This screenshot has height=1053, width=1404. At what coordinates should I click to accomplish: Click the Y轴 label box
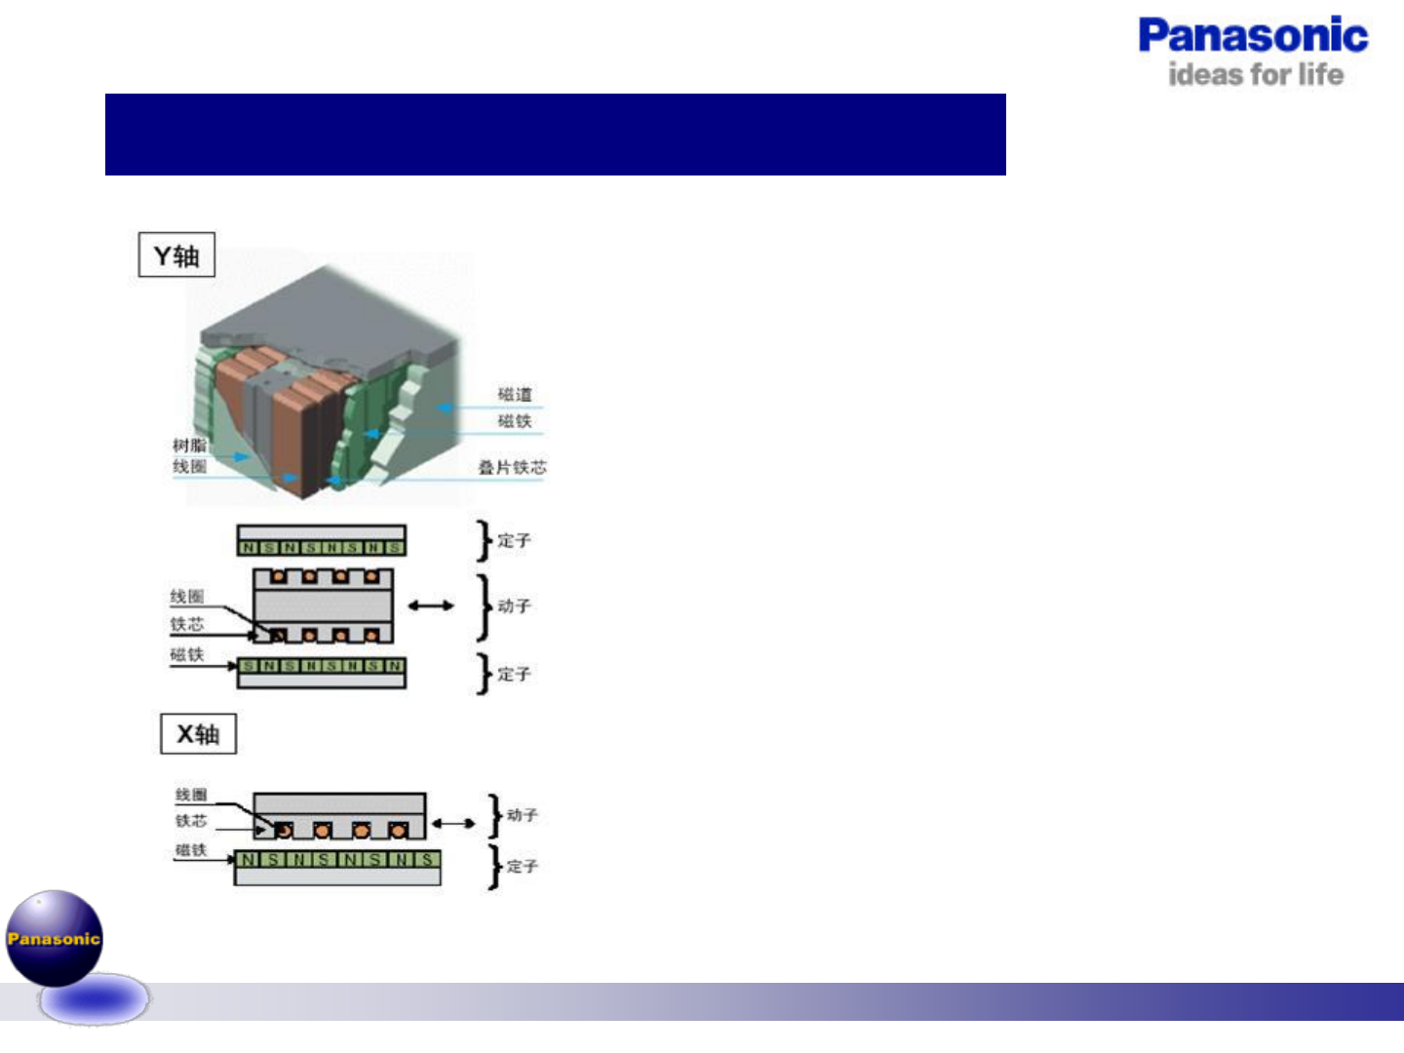tap(176, 255)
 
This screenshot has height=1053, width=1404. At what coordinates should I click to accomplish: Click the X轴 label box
tap(198, 734)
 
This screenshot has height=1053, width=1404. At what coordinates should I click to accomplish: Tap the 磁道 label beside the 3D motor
tap(515, 395)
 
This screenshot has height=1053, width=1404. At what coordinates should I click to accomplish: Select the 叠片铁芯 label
tap(512, 468)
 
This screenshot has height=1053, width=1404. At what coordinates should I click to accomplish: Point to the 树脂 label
tap(189, 446)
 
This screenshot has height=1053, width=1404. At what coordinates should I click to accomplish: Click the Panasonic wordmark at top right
tap(1253, 36)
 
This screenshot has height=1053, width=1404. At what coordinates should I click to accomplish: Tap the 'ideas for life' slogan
tap(1256, 75)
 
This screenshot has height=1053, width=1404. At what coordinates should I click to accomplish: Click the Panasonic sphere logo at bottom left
tap(55, 937)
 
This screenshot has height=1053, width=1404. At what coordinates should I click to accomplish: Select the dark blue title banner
tap(555, 135)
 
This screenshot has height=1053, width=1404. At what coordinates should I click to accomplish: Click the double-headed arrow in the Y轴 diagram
tap(431, 605)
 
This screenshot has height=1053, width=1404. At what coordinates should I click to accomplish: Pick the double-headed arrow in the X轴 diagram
tap(453, 824)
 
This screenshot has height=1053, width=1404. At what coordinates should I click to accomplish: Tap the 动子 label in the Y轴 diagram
tap(514, 606)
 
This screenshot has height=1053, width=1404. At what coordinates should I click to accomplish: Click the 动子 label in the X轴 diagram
tap(522, 815)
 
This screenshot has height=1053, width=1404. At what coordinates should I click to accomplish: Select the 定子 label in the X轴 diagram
tap(522, 866)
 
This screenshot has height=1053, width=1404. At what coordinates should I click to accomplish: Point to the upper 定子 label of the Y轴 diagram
tap(514, 540)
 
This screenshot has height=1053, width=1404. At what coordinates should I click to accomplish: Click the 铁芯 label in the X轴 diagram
tap(191, 821)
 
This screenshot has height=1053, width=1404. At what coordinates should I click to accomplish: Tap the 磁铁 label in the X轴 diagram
tap(191, 850)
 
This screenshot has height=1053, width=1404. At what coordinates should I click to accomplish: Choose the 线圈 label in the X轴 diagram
tap(191, 796)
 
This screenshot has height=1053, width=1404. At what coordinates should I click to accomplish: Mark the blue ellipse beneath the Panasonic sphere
tap(94, 999)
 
